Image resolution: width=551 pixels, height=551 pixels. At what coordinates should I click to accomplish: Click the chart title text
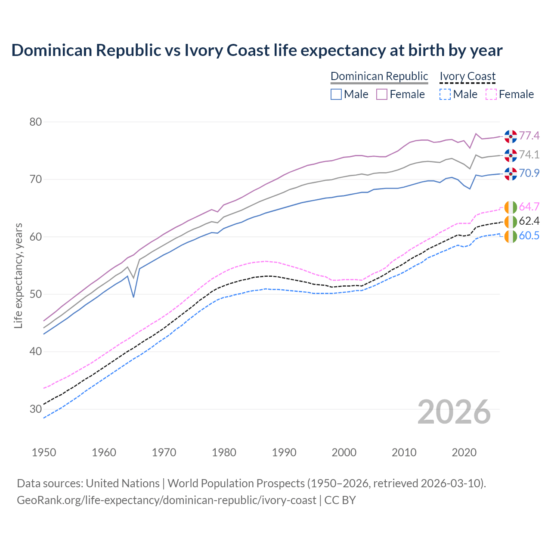[x=257, y=50]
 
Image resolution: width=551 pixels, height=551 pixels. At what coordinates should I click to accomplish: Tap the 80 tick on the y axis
[x=35, y=122]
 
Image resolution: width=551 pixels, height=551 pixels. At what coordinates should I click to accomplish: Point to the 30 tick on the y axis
[x=35, y=409]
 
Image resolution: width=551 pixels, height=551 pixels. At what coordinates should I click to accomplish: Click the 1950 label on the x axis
[x=44, y=452]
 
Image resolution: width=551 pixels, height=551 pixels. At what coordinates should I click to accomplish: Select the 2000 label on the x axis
[x=344, y=452]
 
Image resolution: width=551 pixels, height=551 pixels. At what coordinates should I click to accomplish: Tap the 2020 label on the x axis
[x=464, y=452]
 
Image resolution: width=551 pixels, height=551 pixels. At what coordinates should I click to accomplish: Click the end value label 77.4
[x=529, y=136]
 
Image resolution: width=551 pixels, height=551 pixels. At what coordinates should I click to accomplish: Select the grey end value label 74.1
[x=529, y=155]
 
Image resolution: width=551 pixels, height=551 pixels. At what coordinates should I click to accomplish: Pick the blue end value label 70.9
[x=529, y=173]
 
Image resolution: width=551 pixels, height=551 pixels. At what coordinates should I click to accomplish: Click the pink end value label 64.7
[x=529, y=207]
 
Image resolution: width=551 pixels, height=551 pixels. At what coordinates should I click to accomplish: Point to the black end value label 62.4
[x=529, y=221]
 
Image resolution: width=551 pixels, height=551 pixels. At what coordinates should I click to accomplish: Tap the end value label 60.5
[x=529, y=236]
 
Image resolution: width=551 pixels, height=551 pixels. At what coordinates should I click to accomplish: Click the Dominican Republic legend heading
[x=379, y=76]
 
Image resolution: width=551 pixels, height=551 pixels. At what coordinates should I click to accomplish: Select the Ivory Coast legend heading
[x=467, y=76]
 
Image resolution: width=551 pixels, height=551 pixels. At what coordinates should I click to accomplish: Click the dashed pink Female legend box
[x=491, y=94]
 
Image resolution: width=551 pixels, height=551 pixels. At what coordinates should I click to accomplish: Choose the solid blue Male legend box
[x=336, y=94]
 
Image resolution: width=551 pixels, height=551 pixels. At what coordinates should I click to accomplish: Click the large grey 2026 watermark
[x=454, y=412]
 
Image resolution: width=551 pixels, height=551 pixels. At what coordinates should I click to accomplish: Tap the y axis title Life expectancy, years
[x=19, y=275]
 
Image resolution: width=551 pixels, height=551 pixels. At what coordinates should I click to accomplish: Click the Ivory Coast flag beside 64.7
[x=511, y=207]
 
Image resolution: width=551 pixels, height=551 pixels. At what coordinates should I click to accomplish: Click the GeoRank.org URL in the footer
[x=167, y=500]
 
